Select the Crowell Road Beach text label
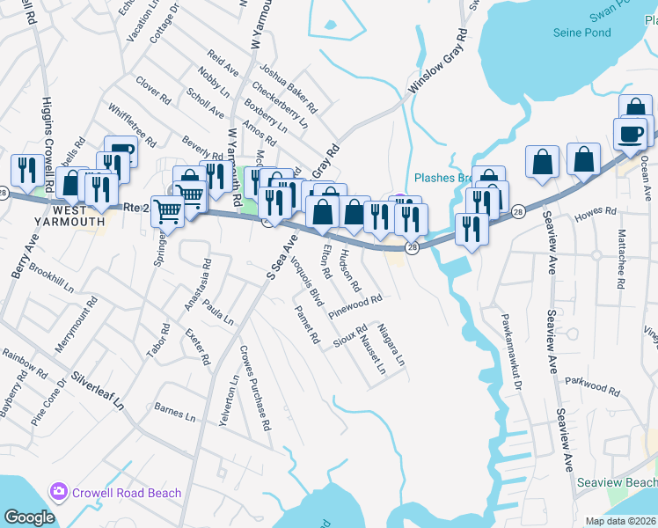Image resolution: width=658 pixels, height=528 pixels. [x=127, y=493]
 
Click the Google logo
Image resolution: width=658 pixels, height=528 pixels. [x=30, y=517]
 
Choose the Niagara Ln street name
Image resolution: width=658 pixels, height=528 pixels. [x=391, y=346]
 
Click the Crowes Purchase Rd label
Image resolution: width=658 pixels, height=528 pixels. [x=255, y=388]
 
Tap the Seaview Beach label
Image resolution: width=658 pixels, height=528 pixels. [x=616, y=482]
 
